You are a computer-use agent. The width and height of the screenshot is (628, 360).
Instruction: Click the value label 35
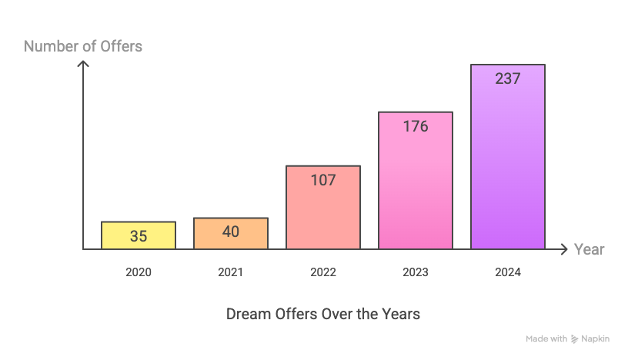click(x=139, y=236)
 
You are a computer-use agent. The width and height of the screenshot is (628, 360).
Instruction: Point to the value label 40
click(x=231, y=231)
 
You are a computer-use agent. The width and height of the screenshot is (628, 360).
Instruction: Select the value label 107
click(x=323, y=181)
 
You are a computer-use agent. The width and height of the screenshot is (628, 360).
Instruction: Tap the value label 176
click(x=416, y=127)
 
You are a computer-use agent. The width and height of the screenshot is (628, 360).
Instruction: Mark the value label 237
click(x=508, y=78)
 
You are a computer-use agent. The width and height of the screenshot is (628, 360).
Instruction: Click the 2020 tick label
click(x=139, y=272)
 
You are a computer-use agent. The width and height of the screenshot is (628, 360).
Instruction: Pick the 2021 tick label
click(x=231, y=272)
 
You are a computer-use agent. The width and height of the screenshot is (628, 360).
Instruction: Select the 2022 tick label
click(x=323, y=272)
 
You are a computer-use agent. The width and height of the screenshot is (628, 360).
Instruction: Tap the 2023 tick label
click(x=416, y=272)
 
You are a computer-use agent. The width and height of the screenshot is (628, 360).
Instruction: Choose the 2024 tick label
click(x=508, y=272)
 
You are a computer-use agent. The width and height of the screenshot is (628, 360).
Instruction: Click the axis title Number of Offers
click(x=83, y=46)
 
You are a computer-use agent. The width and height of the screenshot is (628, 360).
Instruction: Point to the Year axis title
click(x=590, y=249)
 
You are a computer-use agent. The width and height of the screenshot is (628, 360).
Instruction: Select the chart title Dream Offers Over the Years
click(x=323, y=314)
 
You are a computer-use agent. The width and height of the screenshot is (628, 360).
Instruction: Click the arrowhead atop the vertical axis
click(x=84, y=64)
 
